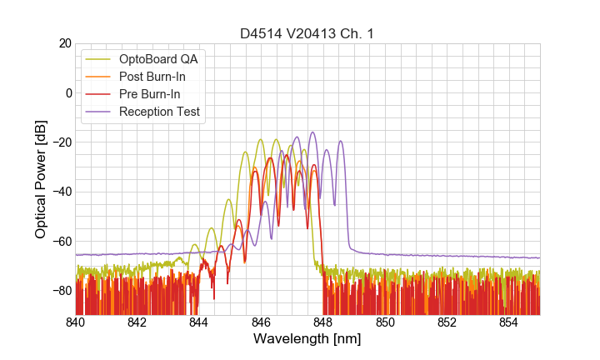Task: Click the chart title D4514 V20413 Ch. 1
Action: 307,33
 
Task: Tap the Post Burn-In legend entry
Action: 152,77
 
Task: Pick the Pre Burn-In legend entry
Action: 149,94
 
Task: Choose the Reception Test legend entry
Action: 159,112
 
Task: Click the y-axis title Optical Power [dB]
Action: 41,179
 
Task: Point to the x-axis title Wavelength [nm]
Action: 307,339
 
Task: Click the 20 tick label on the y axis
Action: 62,43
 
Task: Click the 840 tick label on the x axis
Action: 75,322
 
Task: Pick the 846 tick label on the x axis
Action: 261,322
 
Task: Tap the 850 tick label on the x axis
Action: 385,322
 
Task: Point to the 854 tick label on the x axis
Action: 509,322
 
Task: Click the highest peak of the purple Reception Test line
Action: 312,132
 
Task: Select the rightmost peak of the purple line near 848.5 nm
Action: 340,142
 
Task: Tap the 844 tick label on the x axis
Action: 199,322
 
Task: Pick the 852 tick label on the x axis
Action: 447,322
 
